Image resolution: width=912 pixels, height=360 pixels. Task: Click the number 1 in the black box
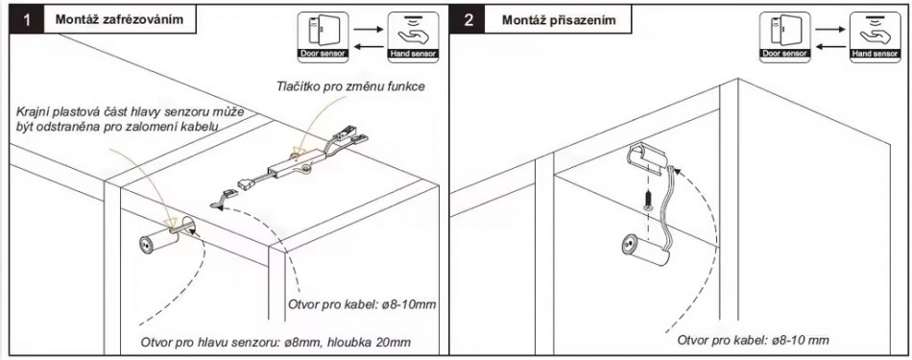coord(27,20)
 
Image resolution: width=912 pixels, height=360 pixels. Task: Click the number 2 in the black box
coord(469,20)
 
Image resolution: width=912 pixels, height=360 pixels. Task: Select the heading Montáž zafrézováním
coord(119,20)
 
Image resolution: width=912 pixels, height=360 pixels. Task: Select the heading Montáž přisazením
coord(559,20)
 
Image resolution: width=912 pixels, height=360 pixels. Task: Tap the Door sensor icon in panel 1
coord(323,37)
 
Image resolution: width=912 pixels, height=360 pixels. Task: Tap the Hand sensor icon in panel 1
coord(413,37)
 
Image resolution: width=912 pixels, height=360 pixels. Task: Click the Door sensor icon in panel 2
coord(784,37)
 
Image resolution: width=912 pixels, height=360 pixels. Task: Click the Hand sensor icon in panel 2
coord(875,37)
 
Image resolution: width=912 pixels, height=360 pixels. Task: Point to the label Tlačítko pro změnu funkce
coord(350,87)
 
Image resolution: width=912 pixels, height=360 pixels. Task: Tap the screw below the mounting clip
coord(647,201)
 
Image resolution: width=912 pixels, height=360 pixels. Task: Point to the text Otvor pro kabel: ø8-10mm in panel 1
coord(362,304)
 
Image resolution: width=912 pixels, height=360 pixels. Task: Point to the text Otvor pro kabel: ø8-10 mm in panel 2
coord(754,340)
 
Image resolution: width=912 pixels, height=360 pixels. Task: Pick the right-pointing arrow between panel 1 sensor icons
coord(368,29)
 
